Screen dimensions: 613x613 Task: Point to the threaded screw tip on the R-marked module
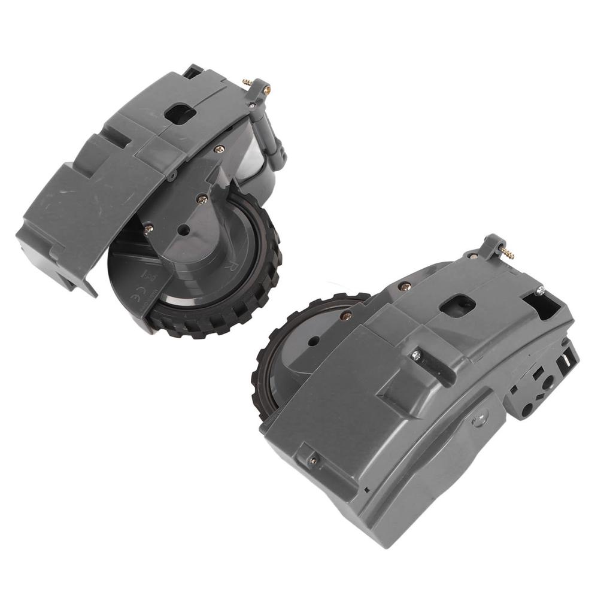pyautogui.click(x=247, y=81)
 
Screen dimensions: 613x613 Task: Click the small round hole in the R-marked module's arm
pyautogui.click(x=184, y=229)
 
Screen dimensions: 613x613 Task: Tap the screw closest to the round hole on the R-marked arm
pyautogui.click(x=202, y=200)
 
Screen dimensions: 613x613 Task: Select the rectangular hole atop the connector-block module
pyautogui.click(x=457, y=305)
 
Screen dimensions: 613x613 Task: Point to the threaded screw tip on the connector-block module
pyautogui.click(x=509, y=254)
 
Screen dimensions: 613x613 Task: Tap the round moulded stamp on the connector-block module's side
pyautogui.click(x=479, y=417)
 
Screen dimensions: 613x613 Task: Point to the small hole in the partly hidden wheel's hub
pyautogui.click(x=313, y=342)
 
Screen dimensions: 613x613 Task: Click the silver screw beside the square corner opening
pyautogui.click(x=539, y=291)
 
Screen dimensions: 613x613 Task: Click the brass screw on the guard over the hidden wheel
pyautogui.click(x=347, y=315)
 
